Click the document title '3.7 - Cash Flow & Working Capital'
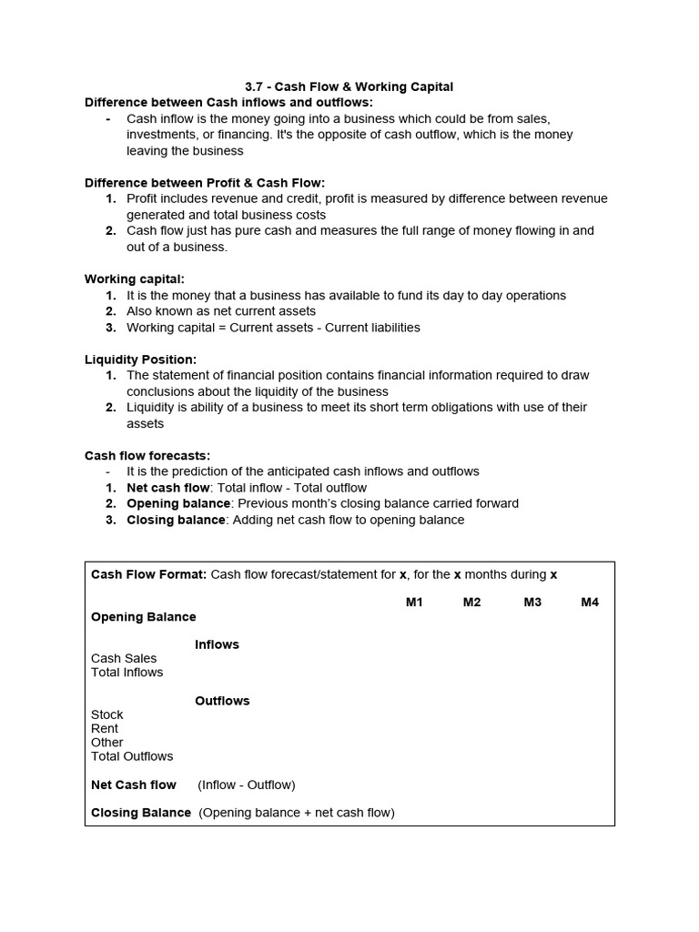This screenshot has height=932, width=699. pos(349,86)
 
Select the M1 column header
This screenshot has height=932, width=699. pos(414,603)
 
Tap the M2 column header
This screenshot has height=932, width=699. pos(471,603)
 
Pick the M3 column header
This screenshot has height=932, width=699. pos(532,603)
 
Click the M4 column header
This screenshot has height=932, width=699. pos(590,603)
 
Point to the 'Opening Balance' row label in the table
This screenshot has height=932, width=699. pos(144,617)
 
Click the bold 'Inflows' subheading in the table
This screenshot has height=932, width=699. pos(217,644)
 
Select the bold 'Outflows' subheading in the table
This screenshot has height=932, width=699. pos(222,701)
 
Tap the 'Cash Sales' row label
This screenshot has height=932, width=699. pos(124,658)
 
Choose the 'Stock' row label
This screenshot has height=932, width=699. pos(106,714)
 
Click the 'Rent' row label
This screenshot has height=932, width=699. pos(105,728)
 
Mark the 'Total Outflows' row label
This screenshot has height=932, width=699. pos(132,756)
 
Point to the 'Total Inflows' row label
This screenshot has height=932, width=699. pos(127,673)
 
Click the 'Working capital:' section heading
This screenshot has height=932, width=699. pos(135,279)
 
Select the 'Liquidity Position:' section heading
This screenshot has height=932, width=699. pos(140,360)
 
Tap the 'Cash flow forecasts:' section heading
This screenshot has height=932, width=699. pos(147,455)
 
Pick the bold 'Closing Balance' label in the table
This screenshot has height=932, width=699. pos(141,813)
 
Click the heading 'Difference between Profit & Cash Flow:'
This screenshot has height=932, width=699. pos(205,183)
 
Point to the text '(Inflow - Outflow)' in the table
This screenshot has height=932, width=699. pos(247,785)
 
